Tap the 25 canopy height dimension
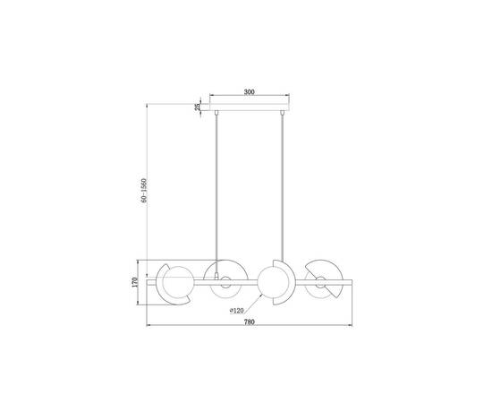tap(197, 107)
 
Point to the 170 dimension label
tap(135, 282)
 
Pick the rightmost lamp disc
tap(322, 279)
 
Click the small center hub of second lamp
tap(225, 286)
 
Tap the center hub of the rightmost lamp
tap(319, 286)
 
